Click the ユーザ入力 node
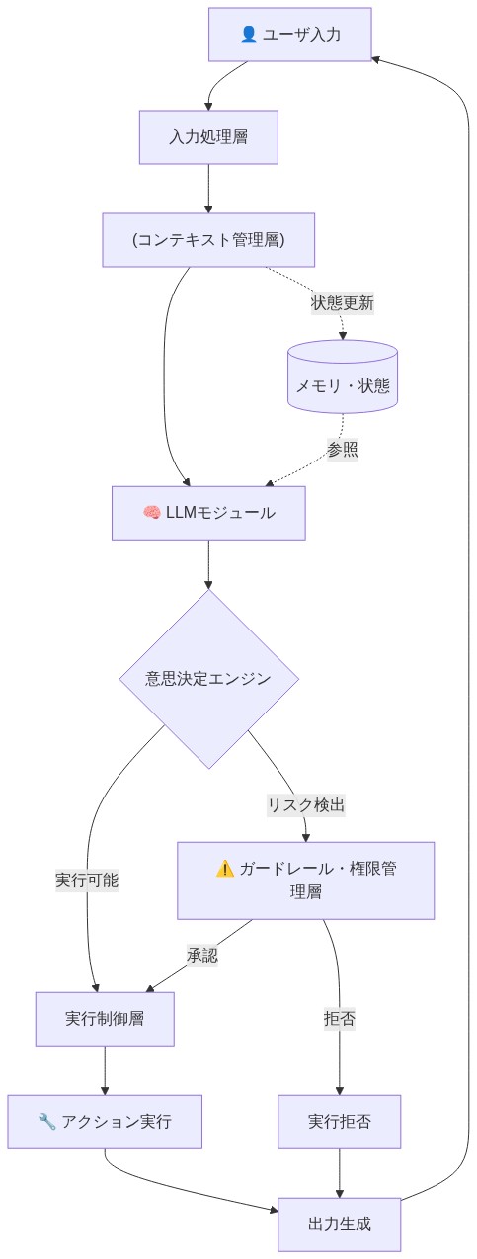289,35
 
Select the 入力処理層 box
208,136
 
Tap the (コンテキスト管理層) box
208,240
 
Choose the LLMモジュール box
208,513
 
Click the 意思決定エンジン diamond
208,679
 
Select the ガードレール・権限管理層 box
305,880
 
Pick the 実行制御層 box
105,1019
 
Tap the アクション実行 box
105,1122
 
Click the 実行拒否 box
340,1122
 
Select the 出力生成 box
340,1224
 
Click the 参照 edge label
343,450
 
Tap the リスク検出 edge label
306,804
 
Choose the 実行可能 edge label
87,880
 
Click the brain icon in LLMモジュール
151,513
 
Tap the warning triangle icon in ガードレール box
224,869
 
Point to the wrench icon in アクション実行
46,1122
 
